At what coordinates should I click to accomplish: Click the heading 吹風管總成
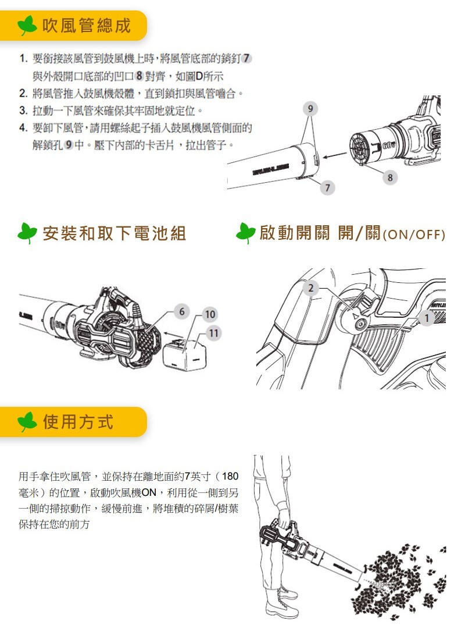86,26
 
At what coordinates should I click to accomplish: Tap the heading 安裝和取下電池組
115,233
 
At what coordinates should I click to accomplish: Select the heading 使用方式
78,422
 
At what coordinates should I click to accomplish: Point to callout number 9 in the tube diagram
310,108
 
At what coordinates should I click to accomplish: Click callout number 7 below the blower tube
327,187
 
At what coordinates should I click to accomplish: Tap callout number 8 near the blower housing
390,178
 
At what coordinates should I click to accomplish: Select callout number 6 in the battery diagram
182,311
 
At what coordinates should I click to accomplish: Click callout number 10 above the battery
210,314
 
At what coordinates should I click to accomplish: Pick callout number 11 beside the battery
213,334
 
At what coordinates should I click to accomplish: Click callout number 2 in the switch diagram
311,288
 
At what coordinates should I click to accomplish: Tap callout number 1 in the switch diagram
427,318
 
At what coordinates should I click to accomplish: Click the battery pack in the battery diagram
184,354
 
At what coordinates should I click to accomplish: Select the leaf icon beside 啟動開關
246,233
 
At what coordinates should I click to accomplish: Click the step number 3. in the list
23,111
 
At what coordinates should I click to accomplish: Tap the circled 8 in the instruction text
139,76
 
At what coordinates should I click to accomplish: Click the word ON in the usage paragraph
149,492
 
